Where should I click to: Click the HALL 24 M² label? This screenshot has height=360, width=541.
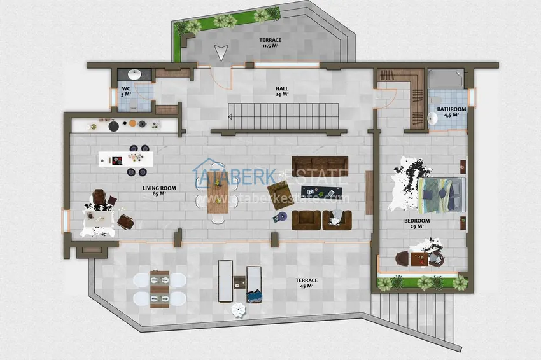click(282, 91)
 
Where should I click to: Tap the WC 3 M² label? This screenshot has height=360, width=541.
click(126, 91)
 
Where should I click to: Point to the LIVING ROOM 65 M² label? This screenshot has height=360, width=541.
click(159, 191)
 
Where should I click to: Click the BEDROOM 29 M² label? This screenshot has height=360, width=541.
click(417, 224)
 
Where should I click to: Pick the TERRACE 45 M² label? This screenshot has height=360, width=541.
click(306, 284)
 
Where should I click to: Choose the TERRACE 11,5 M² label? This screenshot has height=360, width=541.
click(270, 43)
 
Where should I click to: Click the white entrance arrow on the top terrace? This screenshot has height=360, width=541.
click(220, 53)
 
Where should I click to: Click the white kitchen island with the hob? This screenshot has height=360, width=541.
click(125, 156)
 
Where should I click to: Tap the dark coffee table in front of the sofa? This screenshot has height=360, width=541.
click(316, 191)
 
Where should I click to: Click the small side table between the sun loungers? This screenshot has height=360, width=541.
click(239, 281)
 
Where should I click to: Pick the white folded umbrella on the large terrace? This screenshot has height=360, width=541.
click(238, 310)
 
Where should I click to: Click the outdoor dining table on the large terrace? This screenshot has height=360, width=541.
click(159, 289)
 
